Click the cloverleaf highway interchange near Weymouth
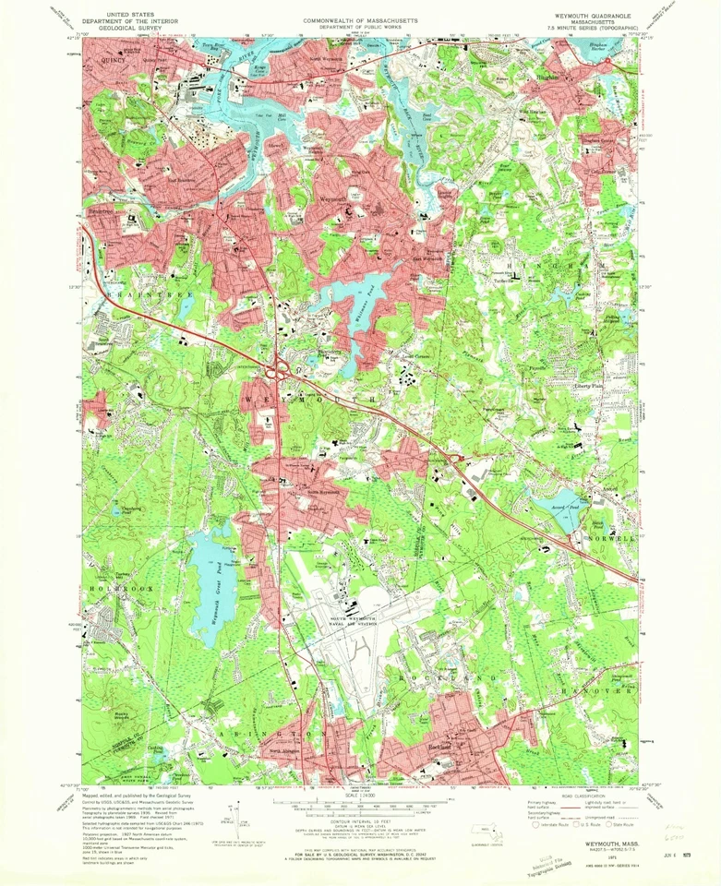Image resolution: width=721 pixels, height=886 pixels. click(279, 371)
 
